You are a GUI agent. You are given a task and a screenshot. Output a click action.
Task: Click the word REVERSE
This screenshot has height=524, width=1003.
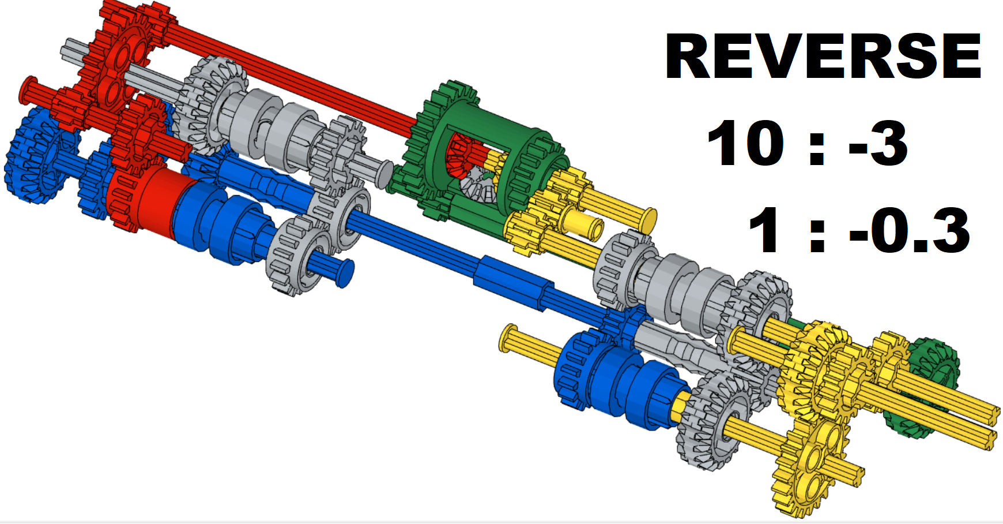click(x=823, y=56)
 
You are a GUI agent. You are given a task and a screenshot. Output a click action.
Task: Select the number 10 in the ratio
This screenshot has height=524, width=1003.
click(x=745, y=143)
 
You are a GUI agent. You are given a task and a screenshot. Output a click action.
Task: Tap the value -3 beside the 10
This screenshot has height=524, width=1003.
click(x=878, y=143)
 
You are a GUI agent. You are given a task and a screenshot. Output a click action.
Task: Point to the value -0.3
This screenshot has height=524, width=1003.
click(x=909, y=231)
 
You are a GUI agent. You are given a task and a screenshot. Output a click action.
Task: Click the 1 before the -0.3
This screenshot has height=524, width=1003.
click(x=766, y=231)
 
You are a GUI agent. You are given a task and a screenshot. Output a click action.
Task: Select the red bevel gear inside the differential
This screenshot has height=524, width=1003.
click(x=461, y=153)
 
